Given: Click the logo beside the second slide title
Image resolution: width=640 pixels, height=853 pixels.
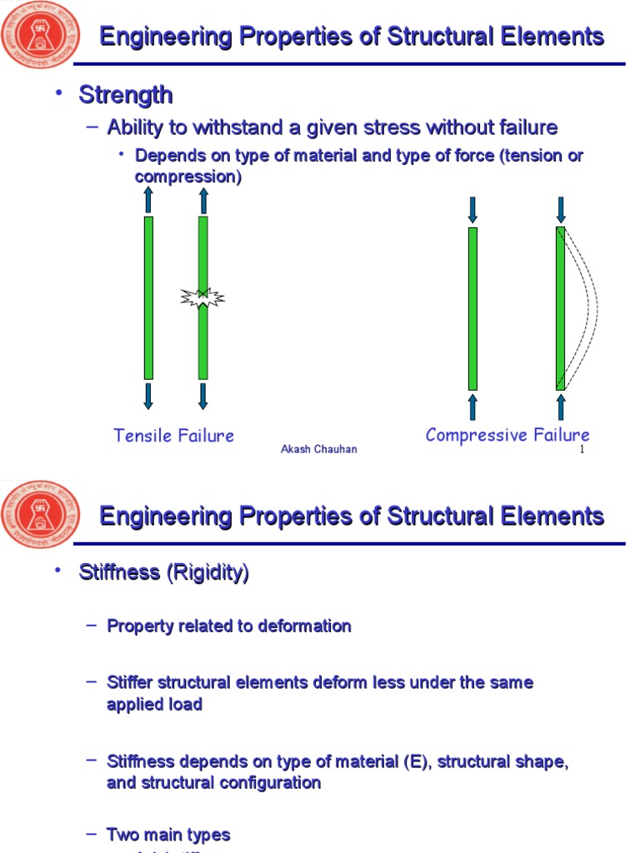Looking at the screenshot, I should (x=42, y=515).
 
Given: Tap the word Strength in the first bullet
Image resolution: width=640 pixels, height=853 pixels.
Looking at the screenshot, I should (x=126, y=95).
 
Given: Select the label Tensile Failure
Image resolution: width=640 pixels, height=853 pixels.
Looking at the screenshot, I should (x=174, y=436).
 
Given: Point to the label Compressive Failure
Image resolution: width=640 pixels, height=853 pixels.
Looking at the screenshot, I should (x=507, y=435).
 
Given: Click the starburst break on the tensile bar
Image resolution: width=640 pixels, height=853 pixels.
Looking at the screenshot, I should (x=202, y=297).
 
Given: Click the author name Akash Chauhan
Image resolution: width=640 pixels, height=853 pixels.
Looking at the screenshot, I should (x=319, y=450).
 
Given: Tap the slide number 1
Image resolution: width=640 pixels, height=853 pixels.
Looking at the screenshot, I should (x=582, y=450).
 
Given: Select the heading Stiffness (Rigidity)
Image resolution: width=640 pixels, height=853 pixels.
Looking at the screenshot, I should (x=163, y=573).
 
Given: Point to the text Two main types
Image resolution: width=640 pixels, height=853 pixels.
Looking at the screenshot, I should (x=168, y=835).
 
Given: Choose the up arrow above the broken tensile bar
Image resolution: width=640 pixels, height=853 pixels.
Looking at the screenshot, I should (x=202, y=200).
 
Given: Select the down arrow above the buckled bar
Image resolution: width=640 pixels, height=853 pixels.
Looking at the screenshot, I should (x=561, y=209).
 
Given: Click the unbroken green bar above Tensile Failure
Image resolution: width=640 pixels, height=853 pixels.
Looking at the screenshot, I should (x=148, y=297).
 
